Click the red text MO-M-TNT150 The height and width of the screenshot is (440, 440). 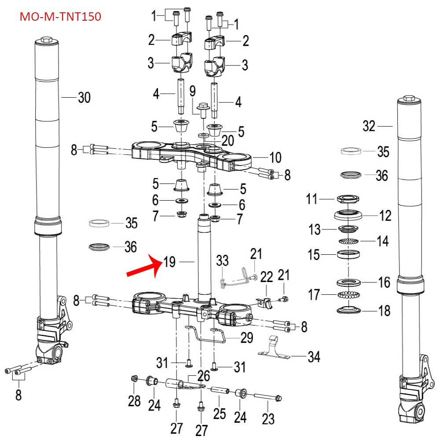[x=61, y=17]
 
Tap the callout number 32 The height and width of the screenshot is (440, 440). [x=369, y=126]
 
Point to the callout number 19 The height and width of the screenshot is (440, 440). [x=169, y=262]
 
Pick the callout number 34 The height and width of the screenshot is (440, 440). [x=313, y=356]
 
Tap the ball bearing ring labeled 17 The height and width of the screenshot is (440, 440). [x=348, y=294]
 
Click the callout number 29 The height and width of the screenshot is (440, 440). [x=247, y=338]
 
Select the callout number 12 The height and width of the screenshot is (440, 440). [x=385, y=216]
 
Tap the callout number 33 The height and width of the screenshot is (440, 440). [x=223, y=261]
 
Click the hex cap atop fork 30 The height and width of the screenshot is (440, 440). [x=47, y=42]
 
